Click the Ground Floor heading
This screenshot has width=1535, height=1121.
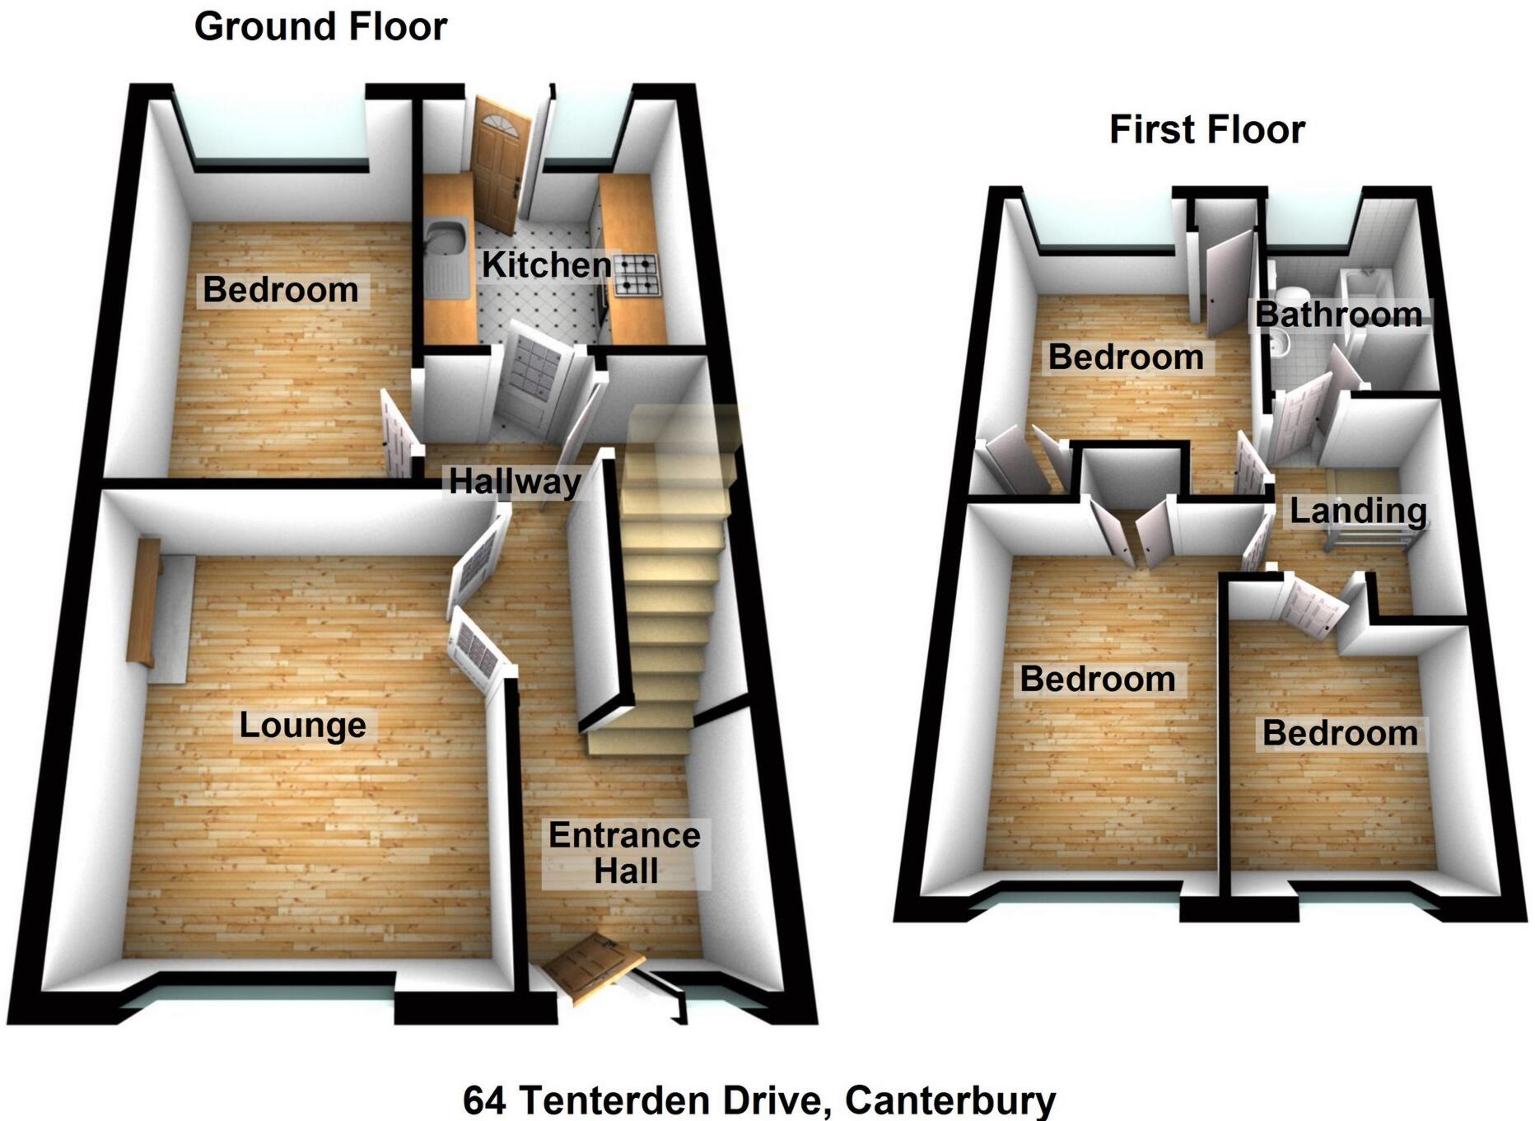tap(320, 27)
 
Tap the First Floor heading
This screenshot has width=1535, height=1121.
tap(1206, 130)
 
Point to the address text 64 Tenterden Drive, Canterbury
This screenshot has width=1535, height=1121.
tap(758, 1100)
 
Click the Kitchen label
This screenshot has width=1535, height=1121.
tap(547, 265)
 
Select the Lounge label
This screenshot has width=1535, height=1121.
tap(302, 726)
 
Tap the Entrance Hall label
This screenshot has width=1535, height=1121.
tap(625, 853)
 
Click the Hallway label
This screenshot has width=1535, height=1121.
tap(515, 481)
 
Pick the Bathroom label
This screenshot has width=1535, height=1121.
tap(1338, 315)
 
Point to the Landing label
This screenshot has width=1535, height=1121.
tap(1357, 511)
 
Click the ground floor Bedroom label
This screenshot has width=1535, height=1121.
tap(281, 290)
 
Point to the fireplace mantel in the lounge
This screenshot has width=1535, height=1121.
tap(142, 601)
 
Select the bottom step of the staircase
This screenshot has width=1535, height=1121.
tap(637, 740)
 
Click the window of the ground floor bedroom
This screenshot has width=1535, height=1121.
tap(271, 129)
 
